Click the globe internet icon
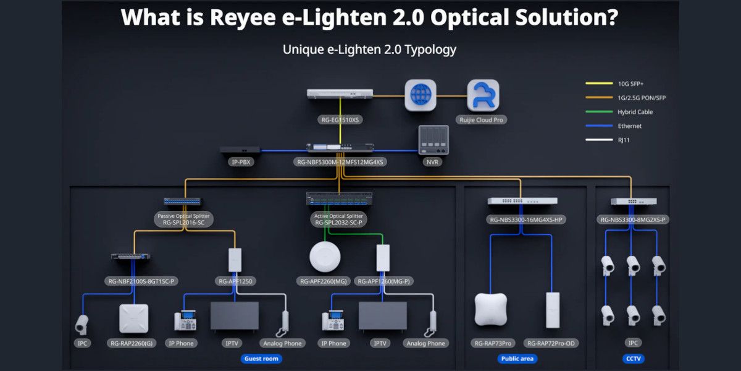coord(421,95)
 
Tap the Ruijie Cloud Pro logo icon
coord(483,95)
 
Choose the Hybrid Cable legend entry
coord(635,112)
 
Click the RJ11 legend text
coord(625,140)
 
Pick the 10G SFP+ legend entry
coord(630,83)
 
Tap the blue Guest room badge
coord(261,359)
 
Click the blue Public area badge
coord(517,359)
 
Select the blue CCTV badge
coord(634,359)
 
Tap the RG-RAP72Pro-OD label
coord(552,343)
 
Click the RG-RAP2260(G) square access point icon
coord(133,318)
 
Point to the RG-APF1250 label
coord(235,281)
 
